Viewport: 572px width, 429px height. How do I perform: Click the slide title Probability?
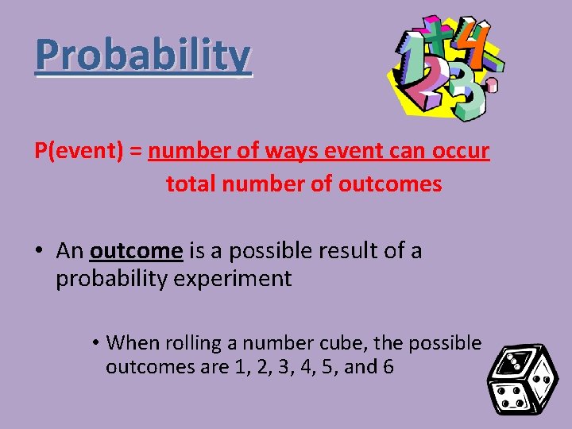pyautogui.click(x=143, y=55)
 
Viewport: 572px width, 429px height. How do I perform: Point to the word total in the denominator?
pyautogui.click(x=191, y=184)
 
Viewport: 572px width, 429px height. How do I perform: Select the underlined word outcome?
pyautogui.click(x=136, y=251)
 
